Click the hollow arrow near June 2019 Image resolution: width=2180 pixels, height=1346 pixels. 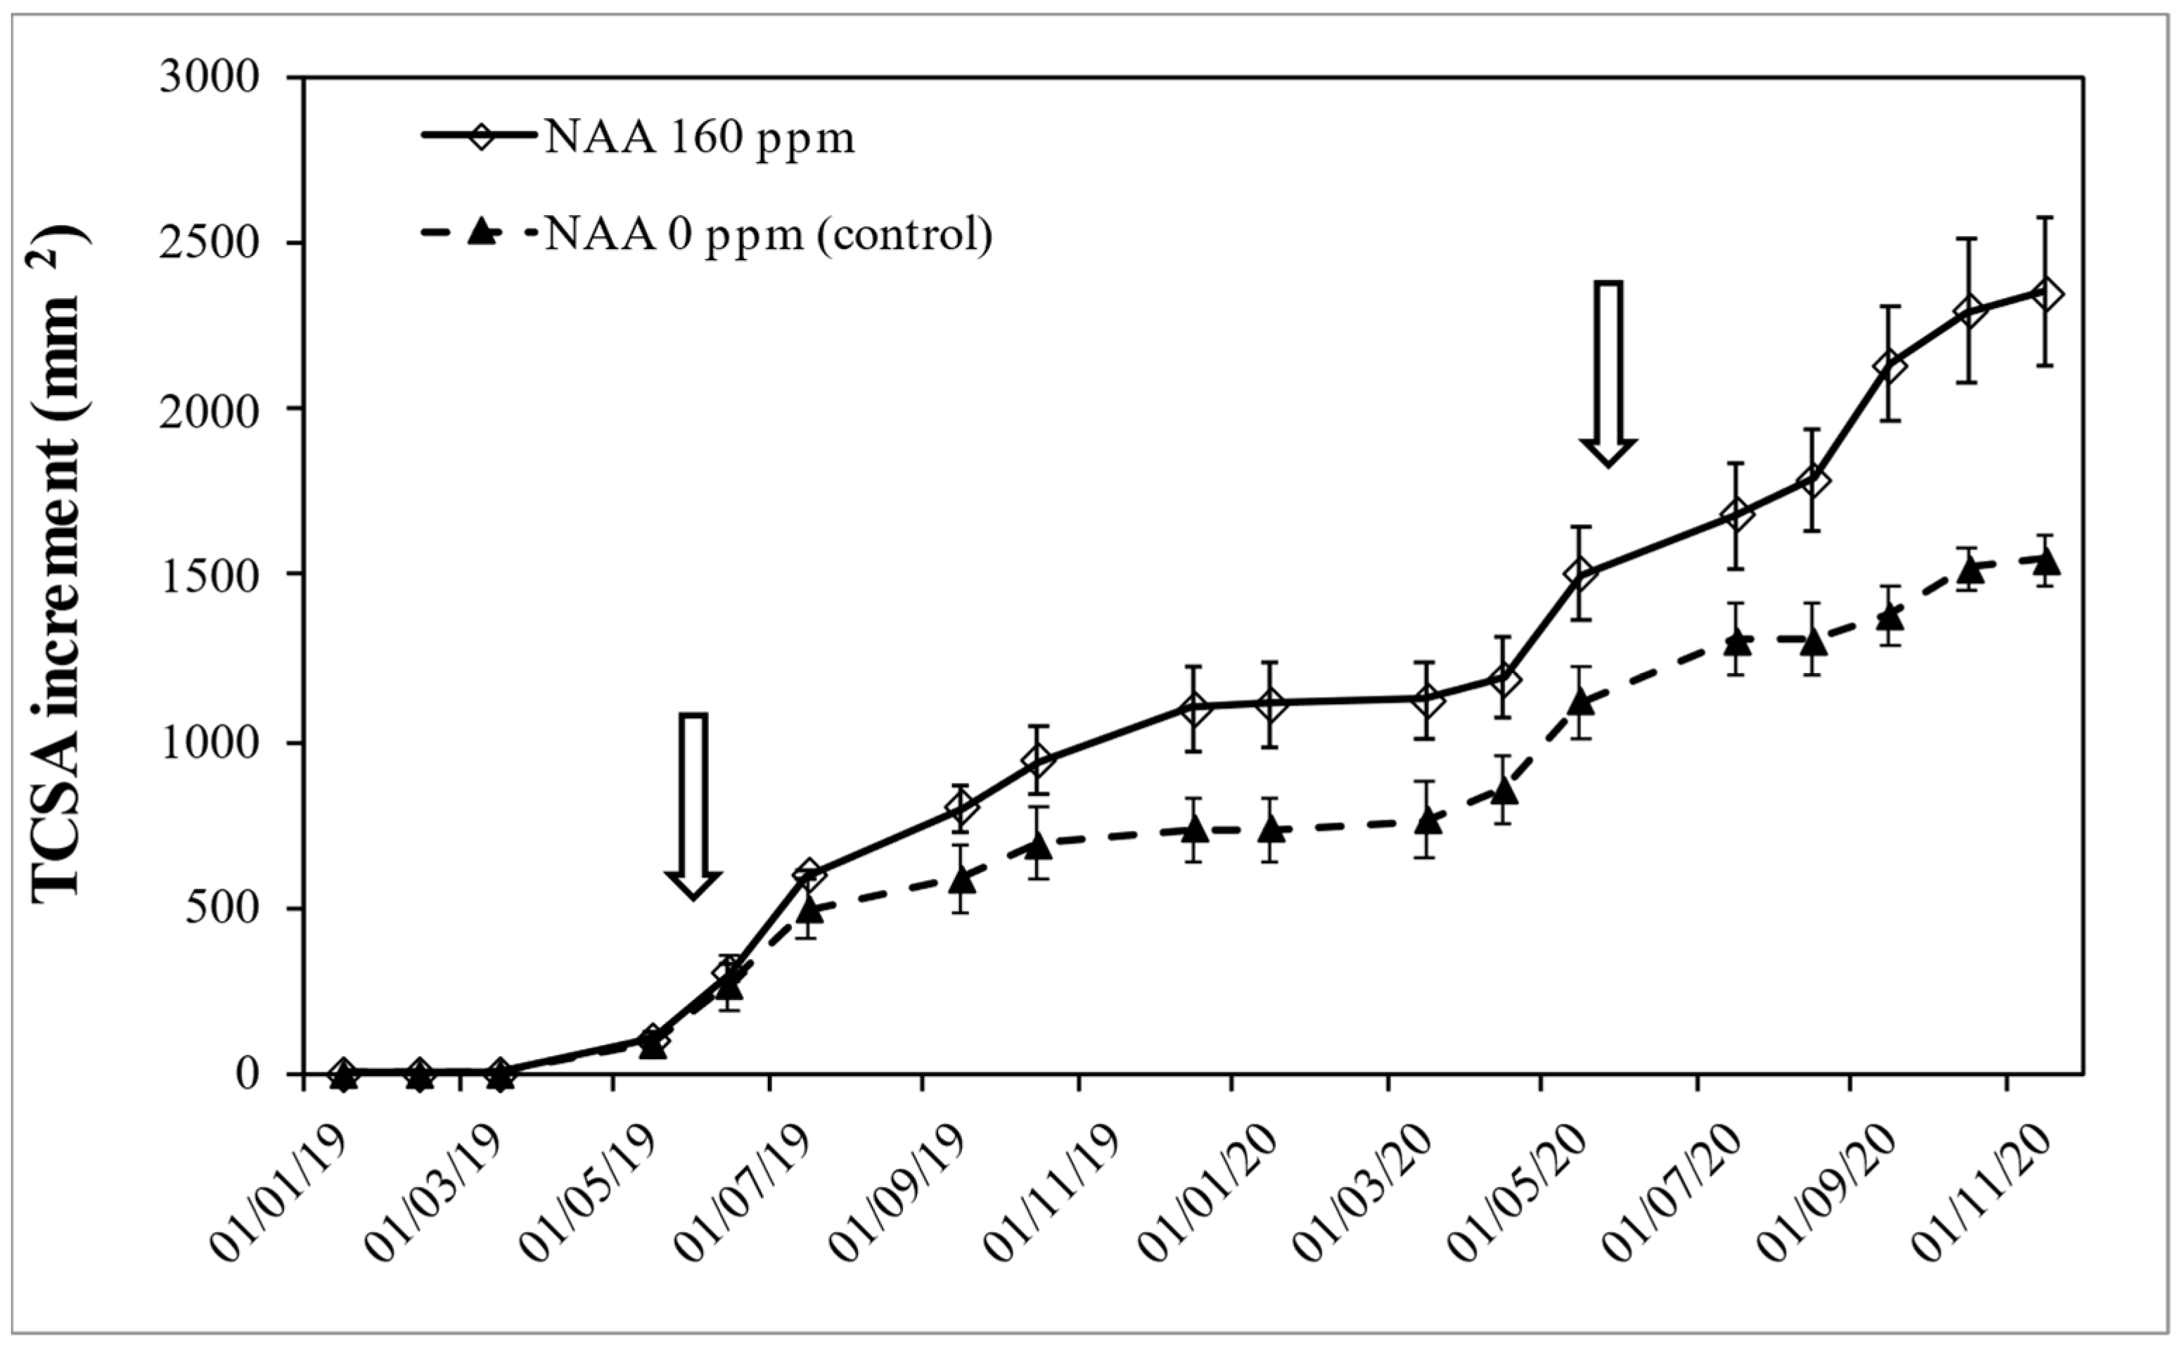pos(693,806)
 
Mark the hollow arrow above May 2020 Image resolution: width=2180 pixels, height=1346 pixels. pos(1608,374)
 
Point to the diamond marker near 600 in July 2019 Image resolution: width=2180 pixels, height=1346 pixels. pos(808,873)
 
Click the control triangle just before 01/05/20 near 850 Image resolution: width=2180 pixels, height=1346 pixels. pos(1504,789)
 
